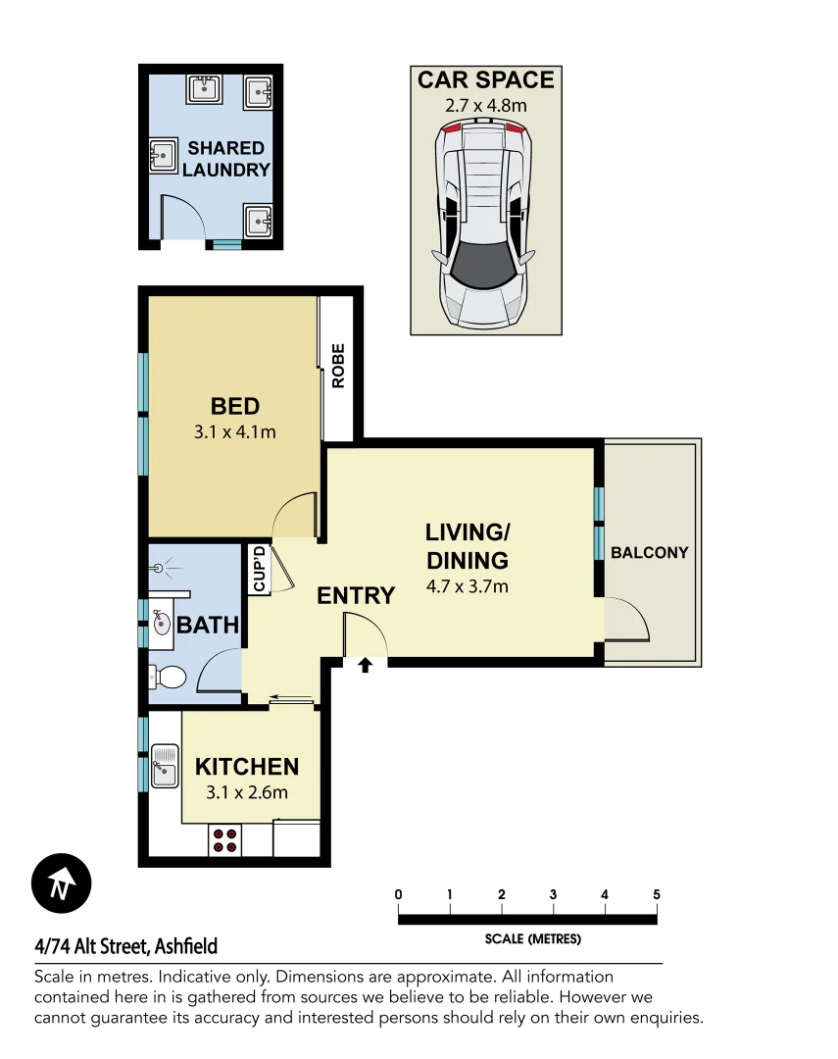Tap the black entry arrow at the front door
pos(366,666)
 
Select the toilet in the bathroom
pos(169,677)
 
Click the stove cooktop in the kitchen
pos(225,840)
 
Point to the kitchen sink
pos(163,765)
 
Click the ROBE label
pos(338,366)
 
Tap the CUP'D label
pos(260,570)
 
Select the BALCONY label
pos(649,552)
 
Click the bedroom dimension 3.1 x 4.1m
pos(235,430)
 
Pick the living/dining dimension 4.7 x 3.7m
pos(467,587)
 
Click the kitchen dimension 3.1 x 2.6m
pos(246,792)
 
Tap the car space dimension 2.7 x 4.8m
pos(486,103)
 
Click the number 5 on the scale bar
pos(656,894)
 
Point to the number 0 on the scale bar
pos(399,894)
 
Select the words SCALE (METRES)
pos(532,938)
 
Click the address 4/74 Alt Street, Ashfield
pos(125,946)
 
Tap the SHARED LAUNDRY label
pos(225,159)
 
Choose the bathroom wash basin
pos(162,624)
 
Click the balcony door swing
pos(625,620)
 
